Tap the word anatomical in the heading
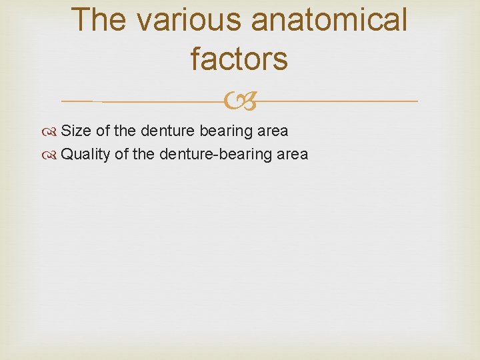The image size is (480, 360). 328,19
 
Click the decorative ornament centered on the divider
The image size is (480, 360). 239,101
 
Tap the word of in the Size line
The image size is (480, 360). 103,131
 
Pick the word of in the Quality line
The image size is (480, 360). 121,155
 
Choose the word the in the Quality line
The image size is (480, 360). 143,155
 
